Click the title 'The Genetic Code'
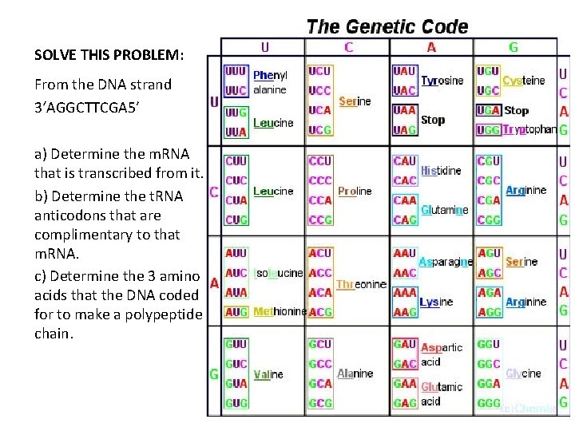click(x=387, y=26)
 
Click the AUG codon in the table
click(x=236, y=311)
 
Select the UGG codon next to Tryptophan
click(x=488, y=129)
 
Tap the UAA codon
click(x=405, y=109)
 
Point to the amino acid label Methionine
click(x=279, y=311)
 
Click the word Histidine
click(x=441, y=171)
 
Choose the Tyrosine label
click(x=442, y=81)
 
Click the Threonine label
click(x=361, y=283)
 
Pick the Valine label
click(x=268, y=374)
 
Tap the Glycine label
click(x=523, y=373)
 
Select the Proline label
click(x=355, y=192)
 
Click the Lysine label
click(x=436, y=302)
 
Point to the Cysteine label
click(x=523, y=81)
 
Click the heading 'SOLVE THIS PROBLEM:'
click(x=109, y=55)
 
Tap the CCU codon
click(x=319, y=162)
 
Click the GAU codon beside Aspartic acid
click(x=405, y=344)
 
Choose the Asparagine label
click(x=445, y=262)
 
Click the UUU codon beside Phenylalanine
click(x=236, y=71)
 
